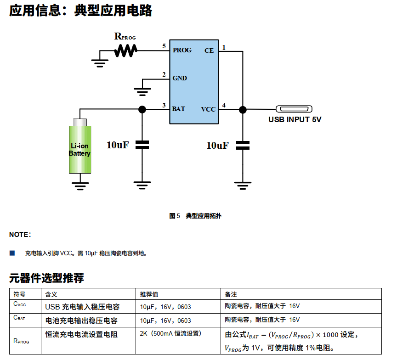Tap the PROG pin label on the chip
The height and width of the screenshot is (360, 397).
(x=182, y=50)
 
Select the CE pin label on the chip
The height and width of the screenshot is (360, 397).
(x=209, y=51)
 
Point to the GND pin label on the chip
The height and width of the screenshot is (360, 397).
(x=180, y=78)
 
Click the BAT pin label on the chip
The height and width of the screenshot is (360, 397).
(x=179, y=109)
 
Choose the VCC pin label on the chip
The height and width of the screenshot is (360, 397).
(x=208, y=109)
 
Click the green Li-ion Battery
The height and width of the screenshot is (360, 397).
(x=80, y=147)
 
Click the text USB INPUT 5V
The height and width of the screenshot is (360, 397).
(x=295, y=120)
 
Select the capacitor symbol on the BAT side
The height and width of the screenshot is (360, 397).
(x=142, y=145)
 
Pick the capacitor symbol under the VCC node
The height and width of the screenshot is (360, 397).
(x=243, y=146)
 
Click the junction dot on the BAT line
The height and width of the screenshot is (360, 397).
(x=142, y=109)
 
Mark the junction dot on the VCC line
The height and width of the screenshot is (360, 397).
(x=243, y=109)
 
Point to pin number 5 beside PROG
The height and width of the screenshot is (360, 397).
(x=164, y=46)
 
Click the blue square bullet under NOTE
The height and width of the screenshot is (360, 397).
(x=12, y=253)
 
